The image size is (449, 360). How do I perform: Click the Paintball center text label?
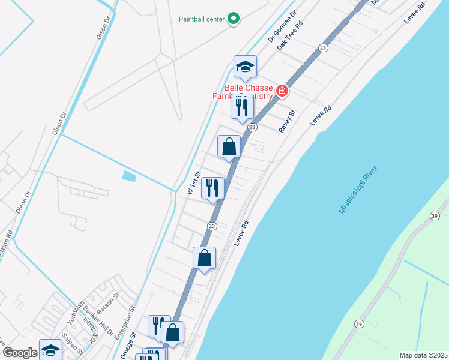point(202,19)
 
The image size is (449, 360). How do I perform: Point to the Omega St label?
point(127,347)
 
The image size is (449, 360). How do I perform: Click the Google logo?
point(20,352)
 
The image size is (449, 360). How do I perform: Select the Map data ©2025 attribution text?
point(423,355)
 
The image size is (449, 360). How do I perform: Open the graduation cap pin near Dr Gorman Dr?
point(245,67)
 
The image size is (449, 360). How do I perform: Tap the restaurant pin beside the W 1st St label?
point(212,188)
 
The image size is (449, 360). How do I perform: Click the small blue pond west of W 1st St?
point(128,176)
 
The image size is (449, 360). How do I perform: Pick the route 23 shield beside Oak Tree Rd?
point(323,48)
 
